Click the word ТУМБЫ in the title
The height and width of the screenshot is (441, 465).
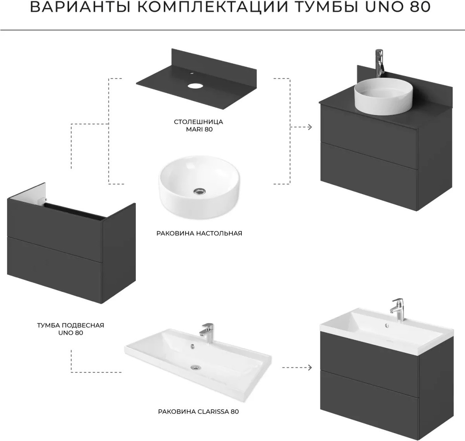326,7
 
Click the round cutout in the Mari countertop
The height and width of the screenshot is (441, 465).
194,86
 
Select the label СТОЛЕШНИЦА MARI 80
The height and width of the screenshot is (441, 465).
199,125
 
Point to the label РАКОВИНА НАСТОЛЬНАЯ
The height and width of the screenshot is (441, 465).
199,233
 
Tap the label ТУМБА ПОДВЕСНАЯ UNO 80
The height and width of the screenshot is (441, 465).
71,329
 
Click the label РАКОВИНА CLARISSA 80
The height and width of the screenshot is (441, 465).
198,411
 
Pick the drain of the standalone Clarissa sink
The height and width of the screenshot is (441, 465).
196,367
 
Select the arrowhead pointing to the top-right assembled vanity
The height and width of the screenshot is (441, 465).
310,127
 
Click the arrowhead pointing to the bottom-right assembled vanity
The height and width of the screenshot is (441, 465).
310,368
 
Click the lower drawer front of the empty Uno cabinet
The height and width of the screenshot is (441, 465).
55,269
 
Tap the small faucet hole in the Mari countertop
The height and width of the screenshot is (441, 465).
192,73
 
